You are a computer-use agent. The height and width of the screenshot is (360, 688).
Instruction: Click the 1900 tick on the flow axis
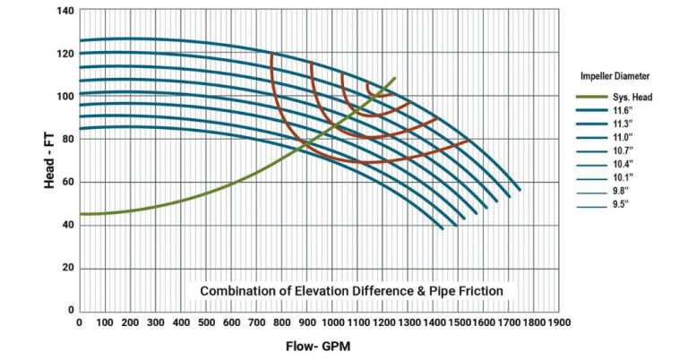click(x=559, y=322)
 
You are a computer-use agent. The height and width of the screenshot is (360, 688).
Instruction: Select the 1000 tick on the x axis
click(x=332, y=322)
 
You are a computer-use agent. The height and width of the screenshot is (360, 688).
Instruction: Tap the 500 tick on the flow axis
click(x=205, y=322)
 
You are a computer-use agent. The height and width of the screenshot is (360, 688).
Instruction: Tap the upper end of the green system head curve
click(x=395, y=78)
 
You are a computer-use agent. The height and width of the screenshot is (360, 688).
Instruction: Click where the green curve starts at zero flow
click(x=81, y=214)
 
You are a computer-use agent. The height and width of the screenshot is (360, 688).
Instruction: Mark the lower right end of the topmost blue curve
click(x=519, y=191)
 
